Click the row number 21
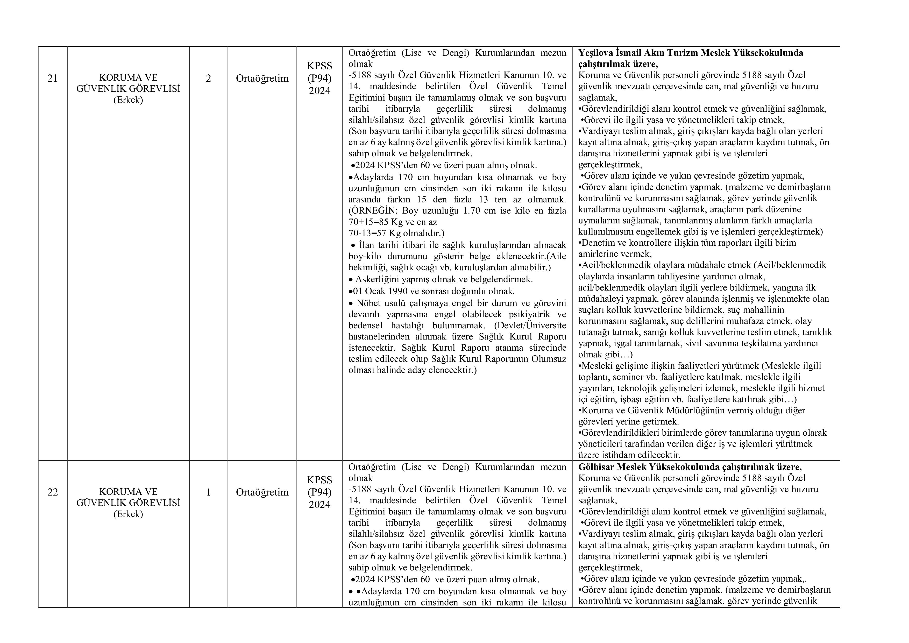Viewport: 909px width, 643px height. [x=53, y=78]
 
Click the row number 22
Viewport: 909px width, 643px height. [x=53, y=492]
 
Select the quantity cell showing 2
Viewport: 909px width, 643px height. [x=209, y=78]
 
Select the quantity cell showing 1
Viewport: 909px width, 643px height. [x=209, y=492]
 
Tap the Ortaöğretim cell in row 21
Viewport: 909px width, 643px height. [x=262, y=78]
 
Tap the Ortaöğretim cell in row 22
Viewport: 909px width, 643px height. [x=262, y=492]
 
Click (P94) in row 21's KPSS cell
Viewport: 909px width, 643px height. [x=319, y=78]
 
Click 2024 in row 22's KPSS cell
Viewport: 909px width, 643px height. [x=319, y=505]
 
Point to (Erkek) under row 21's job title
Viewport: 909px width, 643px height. [x=128, y=100]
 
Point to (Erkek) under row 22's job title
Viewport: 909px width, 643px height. [x=128, y=514]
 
